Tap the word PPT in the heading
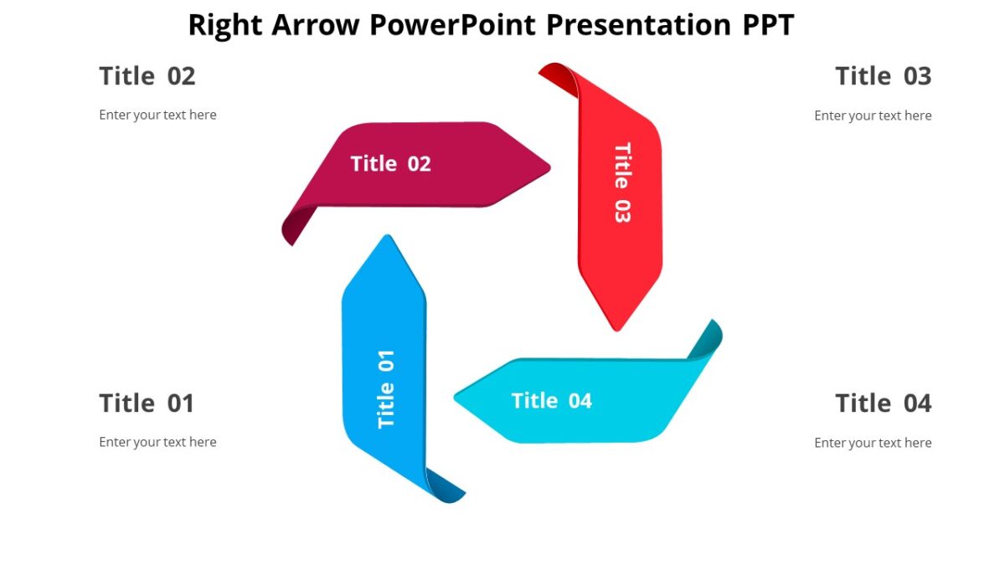[767, 25]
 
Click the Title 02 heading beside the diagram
[147, 76]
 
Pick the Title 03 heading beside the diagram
[883, 76]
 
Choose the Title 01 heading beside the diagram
[147, 403]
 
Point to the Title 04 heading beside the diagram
[883, 403]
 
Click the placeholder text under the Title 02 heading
[157, 115]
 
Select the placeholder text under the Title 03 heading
[873, 116]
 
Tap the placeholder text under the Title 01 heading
[157, 442]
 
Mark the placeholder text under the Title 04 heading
[873, 443]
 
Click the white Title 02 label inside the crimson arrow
[390, 163]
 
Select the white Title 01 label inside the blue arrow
[386, 388]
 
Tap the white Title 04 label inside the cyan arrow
[551, 401]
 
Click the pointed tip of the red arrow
[617, 327]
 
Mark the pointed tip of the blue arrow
[387, 239]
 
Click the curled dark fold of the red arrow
[557, 75]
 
